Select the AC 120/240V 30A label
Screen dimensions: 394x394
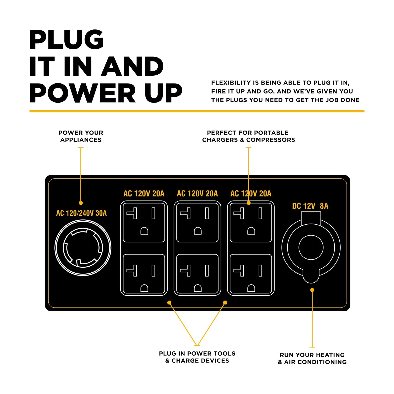[81, 213]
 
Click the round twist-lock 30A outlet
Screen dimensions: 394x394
[83, 248]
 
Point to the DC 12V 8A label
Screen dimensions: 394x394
[310, 206]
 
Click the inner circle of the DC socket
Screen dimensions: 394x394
[311, 247]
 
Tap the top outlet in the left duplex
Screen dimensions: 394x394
[144, 222]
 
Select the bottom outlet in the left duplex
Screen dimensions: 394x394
[144, 273]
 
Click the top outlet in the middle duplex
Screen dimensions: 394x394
[198, 222]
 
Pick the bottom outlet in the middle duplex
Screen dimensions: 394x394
[198, 273]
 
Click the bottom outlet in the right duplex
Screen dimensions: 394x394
[251, 273]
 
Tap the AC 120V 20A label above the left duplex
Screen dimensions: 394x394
[144, 194]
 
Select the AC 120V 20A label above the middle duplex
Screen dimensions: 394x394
[198, 194]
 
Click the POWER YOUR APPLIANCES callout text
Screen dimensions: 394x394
[81, 136]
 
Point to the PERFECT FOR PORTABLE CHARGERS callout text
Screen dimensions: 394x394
[248, 136]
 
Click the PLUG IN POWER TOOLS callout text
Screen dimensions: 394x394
[197, 357]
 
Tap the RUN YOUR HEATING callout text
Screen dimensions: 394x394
[312, 358]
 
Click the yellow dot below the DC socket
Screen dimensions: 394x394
[312, 290]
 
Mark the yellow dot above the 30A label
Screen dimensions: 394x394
[81, 203]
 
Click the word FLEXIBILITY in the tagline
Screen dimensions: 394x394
[231, 83]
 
